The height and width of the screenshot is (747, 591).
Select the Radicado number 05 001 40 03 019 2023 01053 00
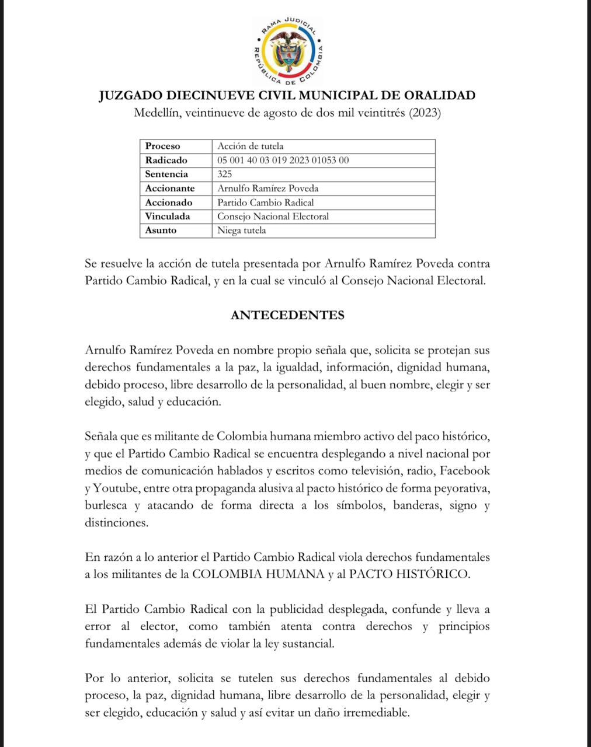click(x=283, y=160)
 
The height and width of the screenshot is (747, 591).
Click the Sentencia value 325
click(x=224, y=174)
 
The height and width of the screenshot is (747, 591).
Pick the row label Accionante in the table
click(x=170, y=188)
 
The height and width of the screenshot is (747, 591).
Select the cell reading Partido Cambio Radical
click(x=265, y=202)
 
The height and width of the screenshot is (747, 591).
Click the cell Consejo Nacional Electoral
click(x=273, y=216)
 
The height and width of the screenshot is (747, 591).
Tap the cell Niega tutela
click(x=241, y=230)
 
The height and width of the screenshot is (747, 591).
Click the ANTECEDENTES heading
click(x=287, y=315)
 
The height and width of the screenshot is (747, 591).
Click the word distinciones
click(x=117, y=522)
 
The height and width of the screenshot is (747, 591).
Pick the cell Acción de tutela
click(x=250, y=146)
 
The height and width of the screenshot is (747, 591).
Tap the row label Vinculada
click(x=168, y=216)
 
